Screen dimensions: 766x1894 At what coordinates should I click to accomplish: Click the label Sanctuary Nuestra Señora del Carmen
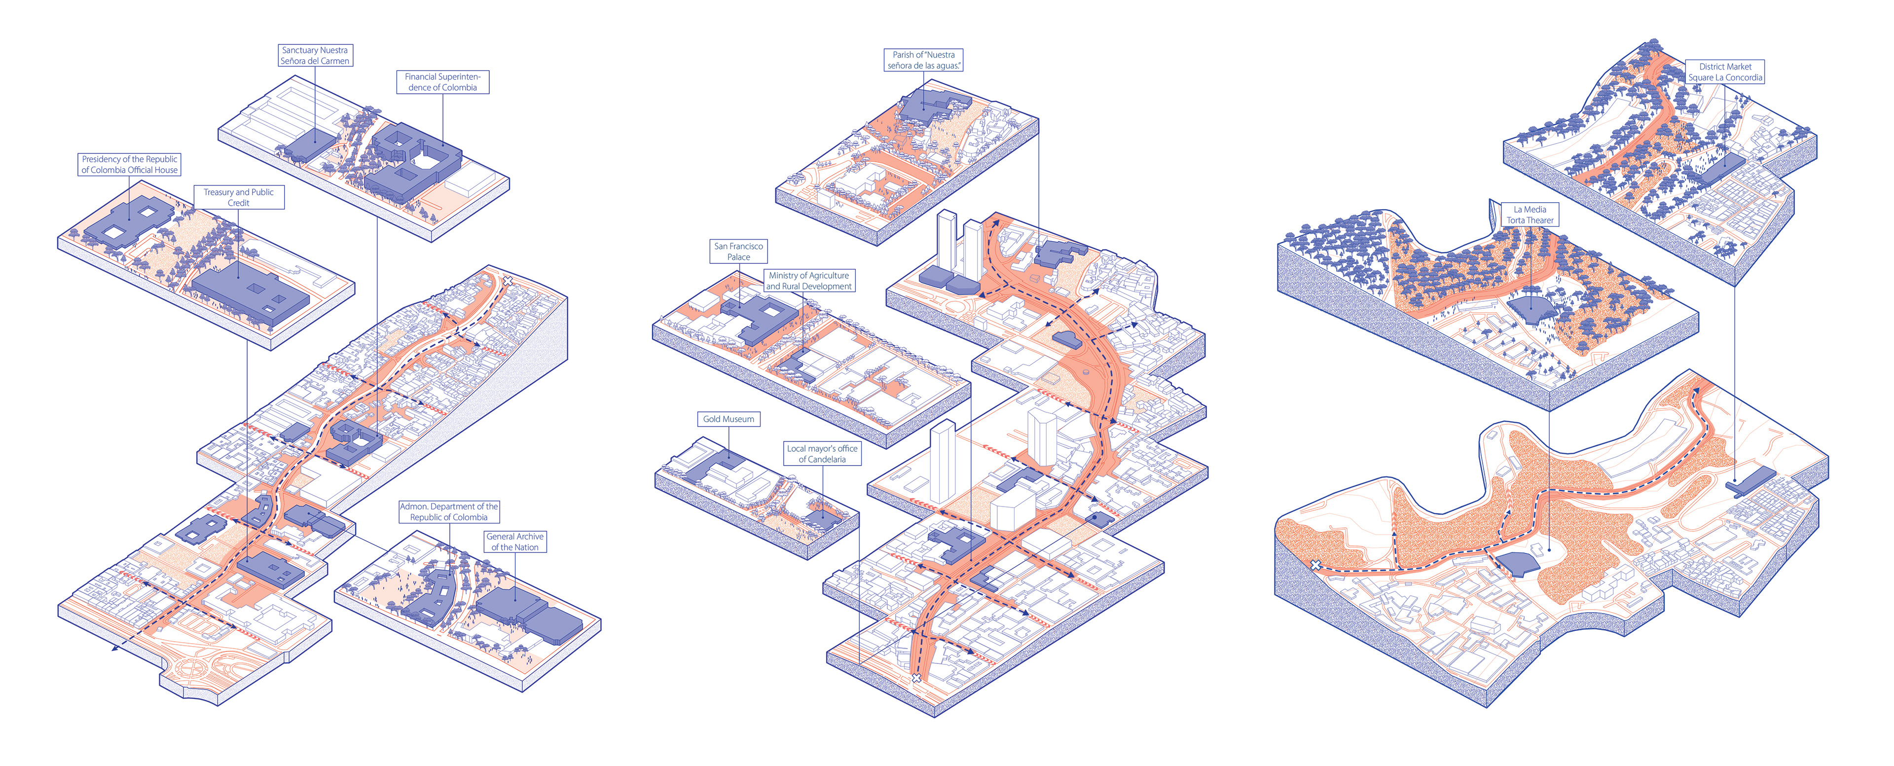[x=315, y=56]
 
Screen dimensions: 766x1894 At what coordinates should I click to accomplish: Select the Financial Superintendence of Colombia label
[x=442, y=81]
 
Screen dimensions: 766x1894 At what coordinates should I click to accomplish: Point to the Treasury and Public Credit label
[x=238, y=197]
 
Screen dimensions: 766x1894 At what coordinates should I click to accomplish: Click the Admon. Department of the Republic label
[x=448, y=511]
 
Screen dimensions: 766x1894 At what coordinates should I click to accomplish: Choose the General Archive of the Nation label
[x=514, y=542]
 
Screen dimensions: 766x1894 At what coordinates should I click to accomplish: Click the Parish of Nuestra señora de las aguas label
[x=923, y=60]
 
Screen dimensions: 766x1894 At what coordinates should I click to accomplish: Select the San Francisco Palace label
[x=738, y=252]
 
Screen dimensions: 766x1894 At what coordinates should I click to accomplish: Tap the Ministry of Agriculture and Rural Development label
[x=809, y=281]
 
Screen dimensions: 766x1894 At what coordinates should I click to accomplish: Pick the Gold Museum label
[x=728, y=419]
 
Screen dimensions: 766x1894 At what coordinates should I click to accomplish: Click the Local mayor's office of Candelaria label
[x=822, y=454]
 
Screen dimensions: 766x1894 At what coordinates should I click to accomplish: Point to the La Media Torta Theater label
[x=1530, y=215]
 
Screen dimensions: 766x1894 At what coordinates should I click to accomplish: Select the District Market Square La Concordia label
[x=1725, y=72]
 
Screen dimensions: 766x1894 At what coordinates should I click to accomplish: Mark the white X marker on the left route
[x=508, y=281]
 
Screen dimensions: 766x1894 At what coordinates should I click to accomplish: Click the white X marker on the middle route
[x=916, y=678]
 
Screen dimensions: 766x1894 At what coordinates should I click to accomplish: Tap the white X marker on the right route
[x=1315, y=565]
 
